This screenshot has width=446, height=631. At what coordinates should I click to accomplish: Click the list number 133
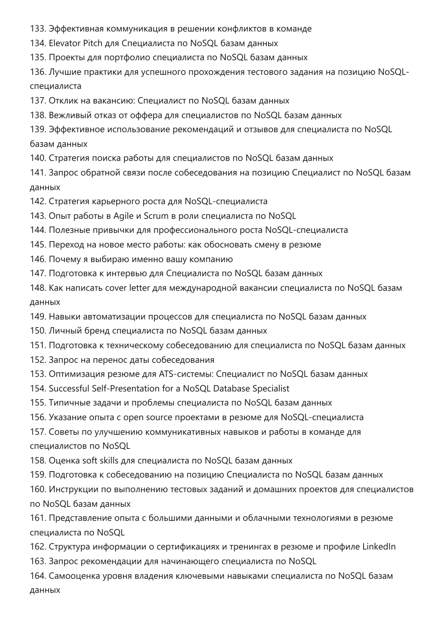(37, 29)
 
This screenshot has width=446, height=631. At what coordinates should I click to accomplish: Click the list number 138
(38, 115)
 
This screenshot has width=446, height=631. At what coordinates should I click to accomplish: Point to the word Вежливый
(67, 115)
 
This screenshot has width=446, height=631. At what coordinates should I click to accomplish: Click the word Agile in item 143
(123, 216)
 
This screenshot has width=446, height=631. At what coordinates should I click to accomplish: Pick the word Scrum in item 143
(156, 216)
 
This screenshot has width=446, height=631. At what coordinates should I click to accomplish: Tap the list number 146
(38, 259)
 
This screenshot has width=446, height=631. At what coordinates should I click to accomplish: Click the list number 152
(38, 360)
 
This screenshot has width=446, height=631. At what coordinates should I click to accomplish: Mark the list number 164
(38, 576)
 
